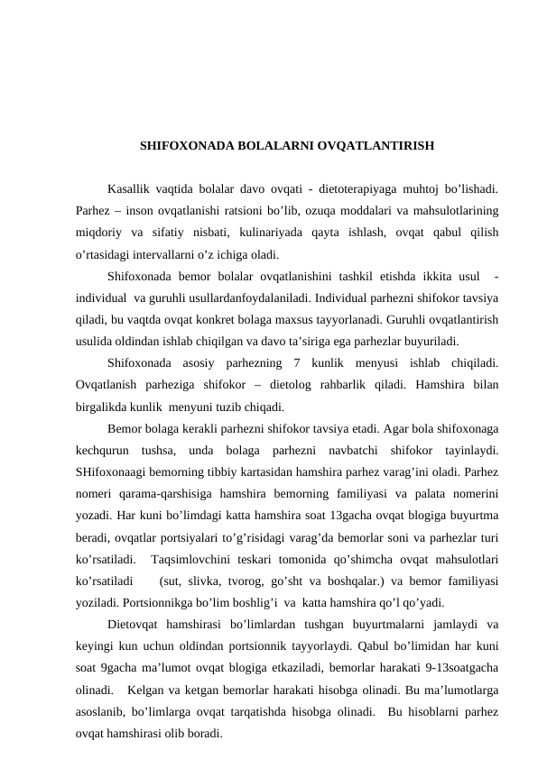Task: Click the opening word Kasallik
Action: [129, 190]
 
